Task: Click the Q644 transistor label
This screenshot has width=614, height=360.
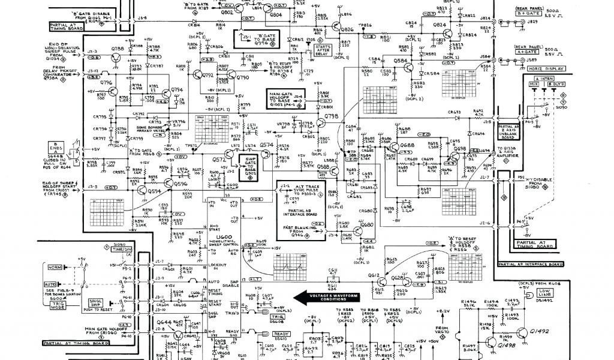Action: click(x=164, y=323)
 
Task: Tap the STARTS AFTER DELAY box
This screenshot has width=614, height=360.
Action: click(x=323, y=50)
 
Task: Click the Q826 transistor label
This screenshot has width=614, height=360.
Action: click(x=347, y=29)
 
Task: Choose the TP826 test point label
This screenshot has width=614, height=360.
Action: click(x=365, y=25)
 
